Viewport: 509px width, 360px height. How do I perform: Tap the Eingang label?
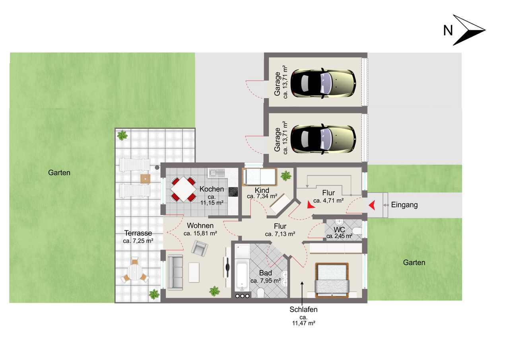[404, 205]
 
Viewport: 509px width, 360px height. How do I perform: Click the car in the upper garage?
[323, 83]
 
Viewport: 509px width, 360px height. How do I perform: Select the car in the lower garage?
[323, 139]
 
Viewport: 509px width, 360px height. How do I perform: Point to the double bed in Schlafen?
[332, 280]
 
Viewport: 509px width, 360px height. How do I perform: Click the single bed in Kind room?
[260, 177]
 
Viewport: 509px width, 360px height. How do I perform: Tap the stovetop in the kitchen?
[233, 192]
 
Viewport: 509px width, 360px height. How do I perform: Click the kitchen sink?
[216, 173]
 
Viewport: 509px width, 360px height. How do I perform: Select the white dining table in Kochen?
[183, 189]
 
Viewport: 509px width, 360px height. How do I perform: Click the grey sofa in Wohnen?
[175, 272]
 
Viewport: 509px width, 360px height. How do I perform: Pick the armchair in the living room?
[200, 248]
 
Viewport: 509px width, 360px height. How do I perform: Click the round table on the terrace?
[134, 272]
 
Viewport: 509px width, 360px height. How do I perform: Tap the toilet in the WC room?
[357, 231]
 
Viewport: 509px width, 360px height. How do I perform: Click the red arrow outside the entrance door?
[372, 205]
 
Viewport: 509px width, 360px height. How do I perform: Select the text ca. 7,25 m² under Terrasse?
[138, 241]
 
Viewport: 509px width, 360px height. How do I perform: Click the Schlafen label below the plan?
[303, 309]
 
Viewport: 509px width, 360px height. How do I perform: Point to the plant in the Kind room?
[286, 175]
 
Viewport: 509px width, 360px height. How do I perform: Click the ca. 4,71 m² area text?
[328, 201]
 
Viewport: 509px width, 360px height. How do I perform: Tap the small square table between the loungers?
[145, 179]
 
